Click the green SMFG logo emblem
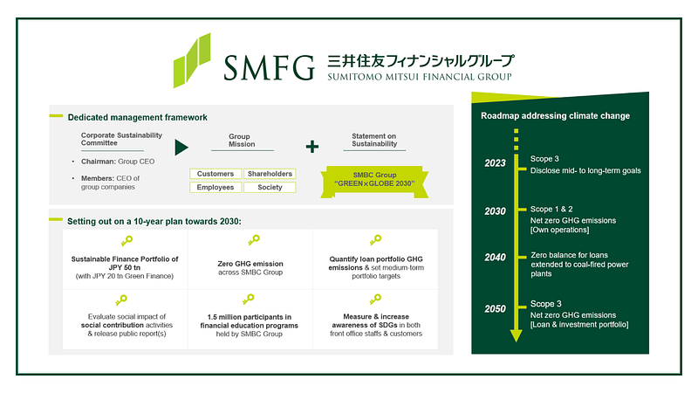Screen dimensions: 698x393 pyautogui.click(x=192, y=60)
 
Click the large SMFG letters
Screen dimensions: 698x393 pyautogui.click(x=269, y=68)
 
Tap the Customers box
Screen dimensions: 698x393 pyautogui.click(x=216, y=174)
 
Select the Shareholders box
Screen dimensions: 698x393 pyautogui.click(x=270, y=174)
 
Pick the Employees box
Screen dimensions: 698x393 pyautogui.click(x=216, y=187)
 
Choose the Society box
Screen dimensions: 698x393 pyautogui.click(x=270, y=187)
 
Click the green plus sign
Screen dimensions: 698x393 pyautogui.click(x=312, y=147)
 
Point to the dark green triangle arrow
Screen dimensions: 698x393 pyautogui.click(x=181, y=148)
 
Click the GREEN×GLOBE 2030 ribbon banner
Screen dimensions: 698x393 pyautogui.click(x=374, y=182)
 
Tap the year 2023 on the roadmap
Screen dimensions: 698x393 pyautogui.click(x=495, y=163)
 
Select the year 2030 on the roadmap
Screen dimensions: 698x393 pyautogui.click(x=495, y=211)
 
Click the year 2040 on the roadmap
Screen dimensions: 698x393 pyautogui.click(x=495, y=257)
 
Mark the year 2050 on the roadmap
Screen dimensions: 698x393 pyautogui.click(x=495, y=309)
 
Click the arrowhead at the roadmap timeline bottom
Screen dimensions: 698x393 pyautogui.click(x=516, y=336)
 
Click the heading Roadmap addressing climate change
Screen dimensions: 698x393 pyautogui.click(x=555, y=116)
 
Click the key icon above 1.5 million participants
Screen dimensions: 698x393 pyautogui.click(x=248, y=299)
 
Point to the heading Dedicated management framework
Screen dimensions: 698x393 pyautogui.click(x=138, y=118)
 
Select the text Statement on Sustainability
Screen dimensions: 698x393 pyautogui.click(x=374, y=140)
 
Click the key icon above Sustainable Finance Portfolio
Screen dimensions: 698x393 pyautogui.click(x=127, y=241)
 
